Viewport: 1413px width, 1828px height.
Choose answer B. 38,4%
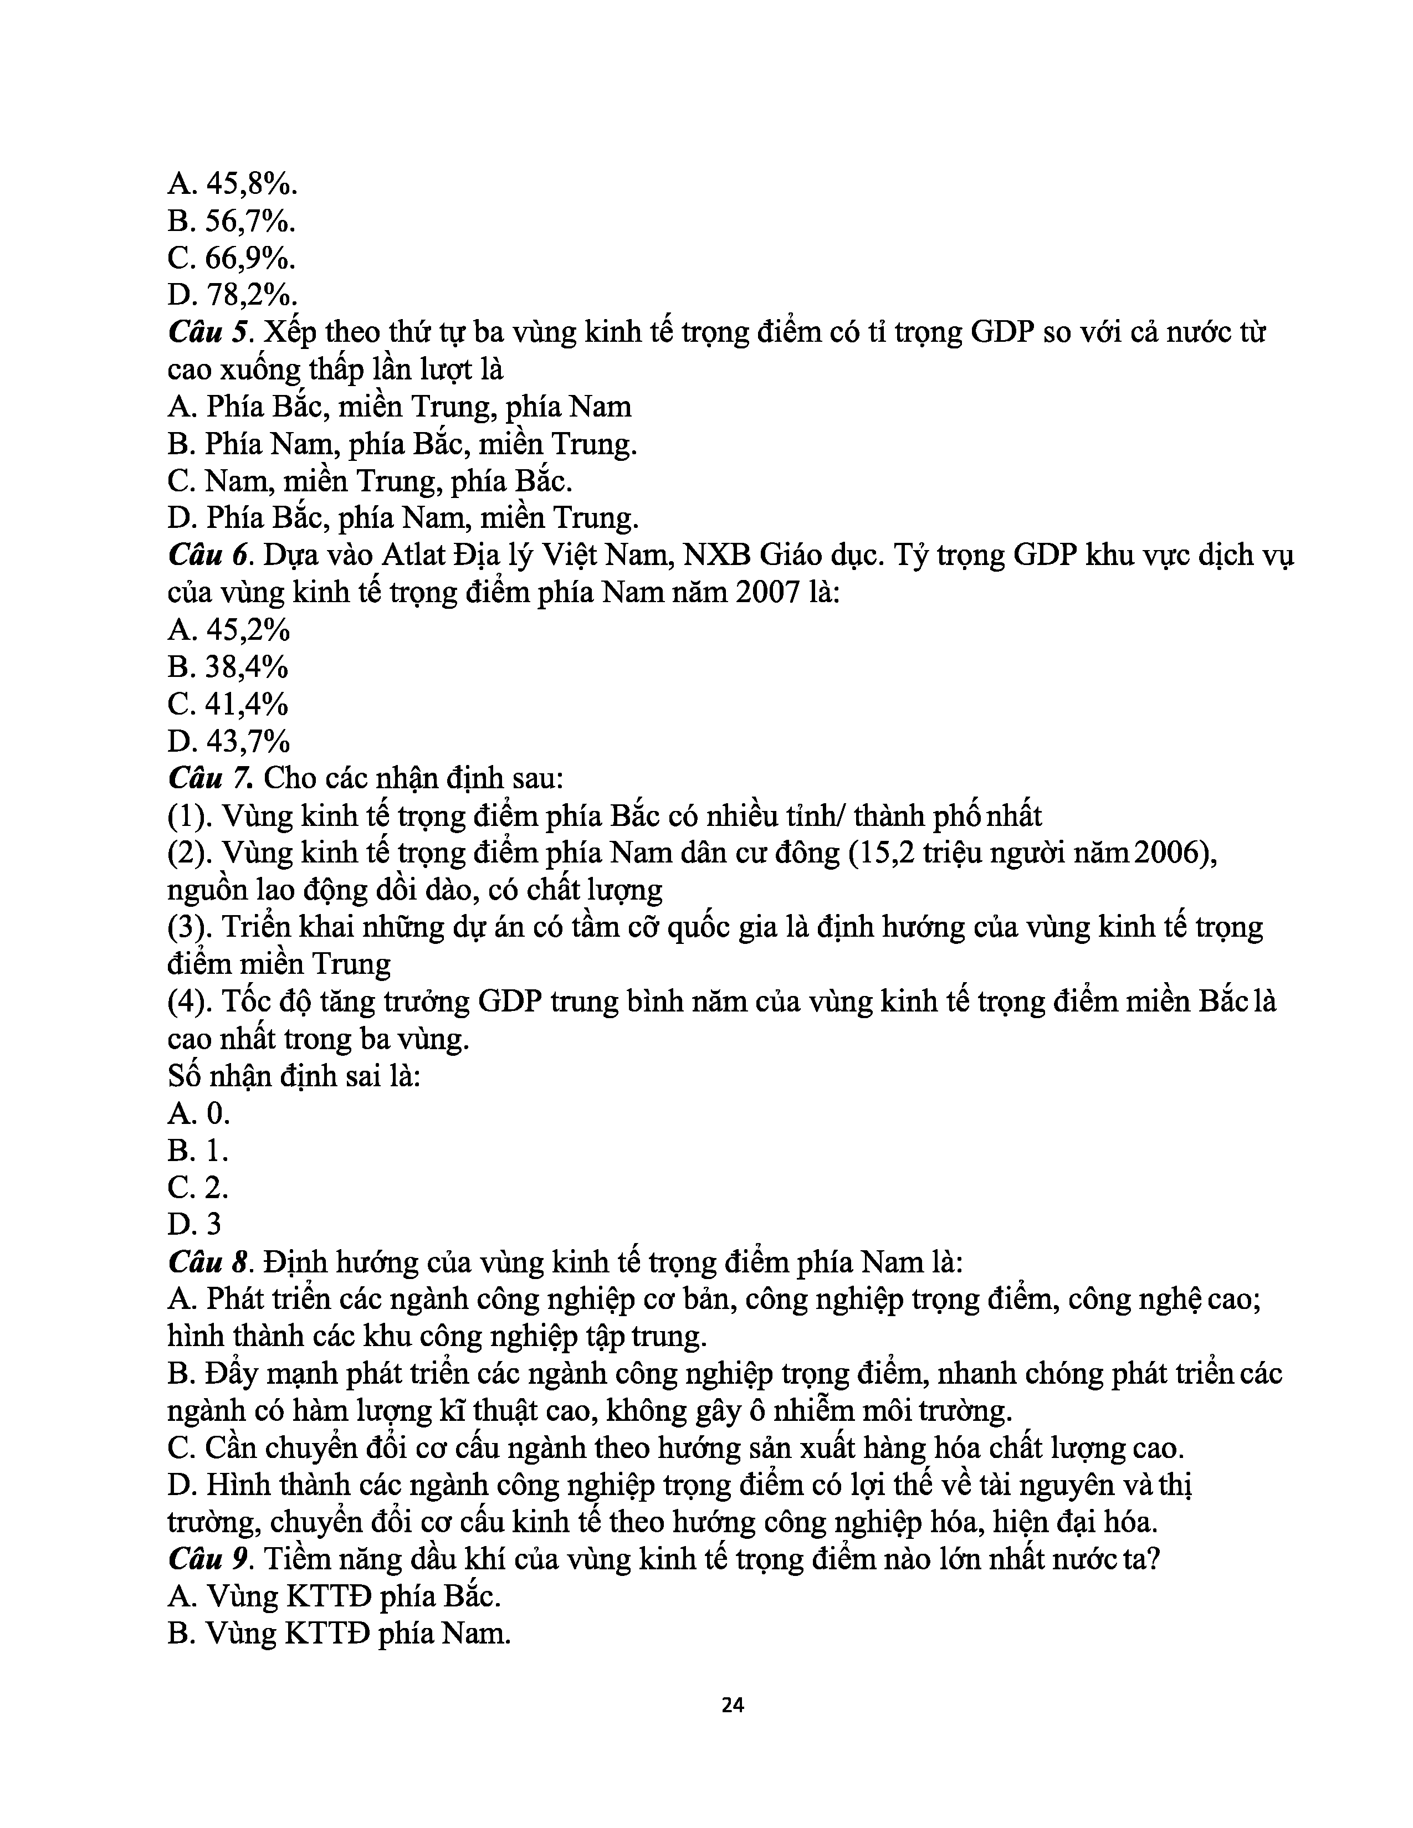(x=228, y=667)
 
